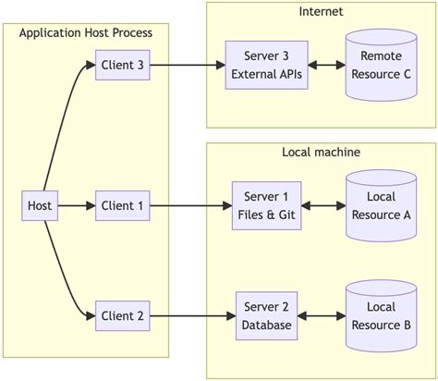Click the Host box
tap(40, 205)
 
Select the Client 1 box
tap(122, 205)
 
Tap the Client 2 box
tap(122, 316)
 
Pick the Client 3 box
tap(122, 65)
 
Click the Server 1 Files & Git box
tap(266, 205)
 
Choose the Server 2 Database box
tap(266, 316)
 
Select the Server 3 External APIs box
tap(266, 65)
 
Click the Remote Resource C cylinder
tap(381, 65)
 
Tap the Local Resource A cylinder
tap(381, 205)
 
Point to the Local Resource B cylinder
tap(381, 316)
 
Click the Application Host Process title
tap(86, 33)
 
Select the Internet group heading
tap(321, 11)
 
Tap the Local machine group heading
tap(321, 152)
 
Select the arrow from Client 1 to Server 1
tap(189, 205)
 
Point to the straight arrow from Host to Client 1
tap(76, 205)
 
